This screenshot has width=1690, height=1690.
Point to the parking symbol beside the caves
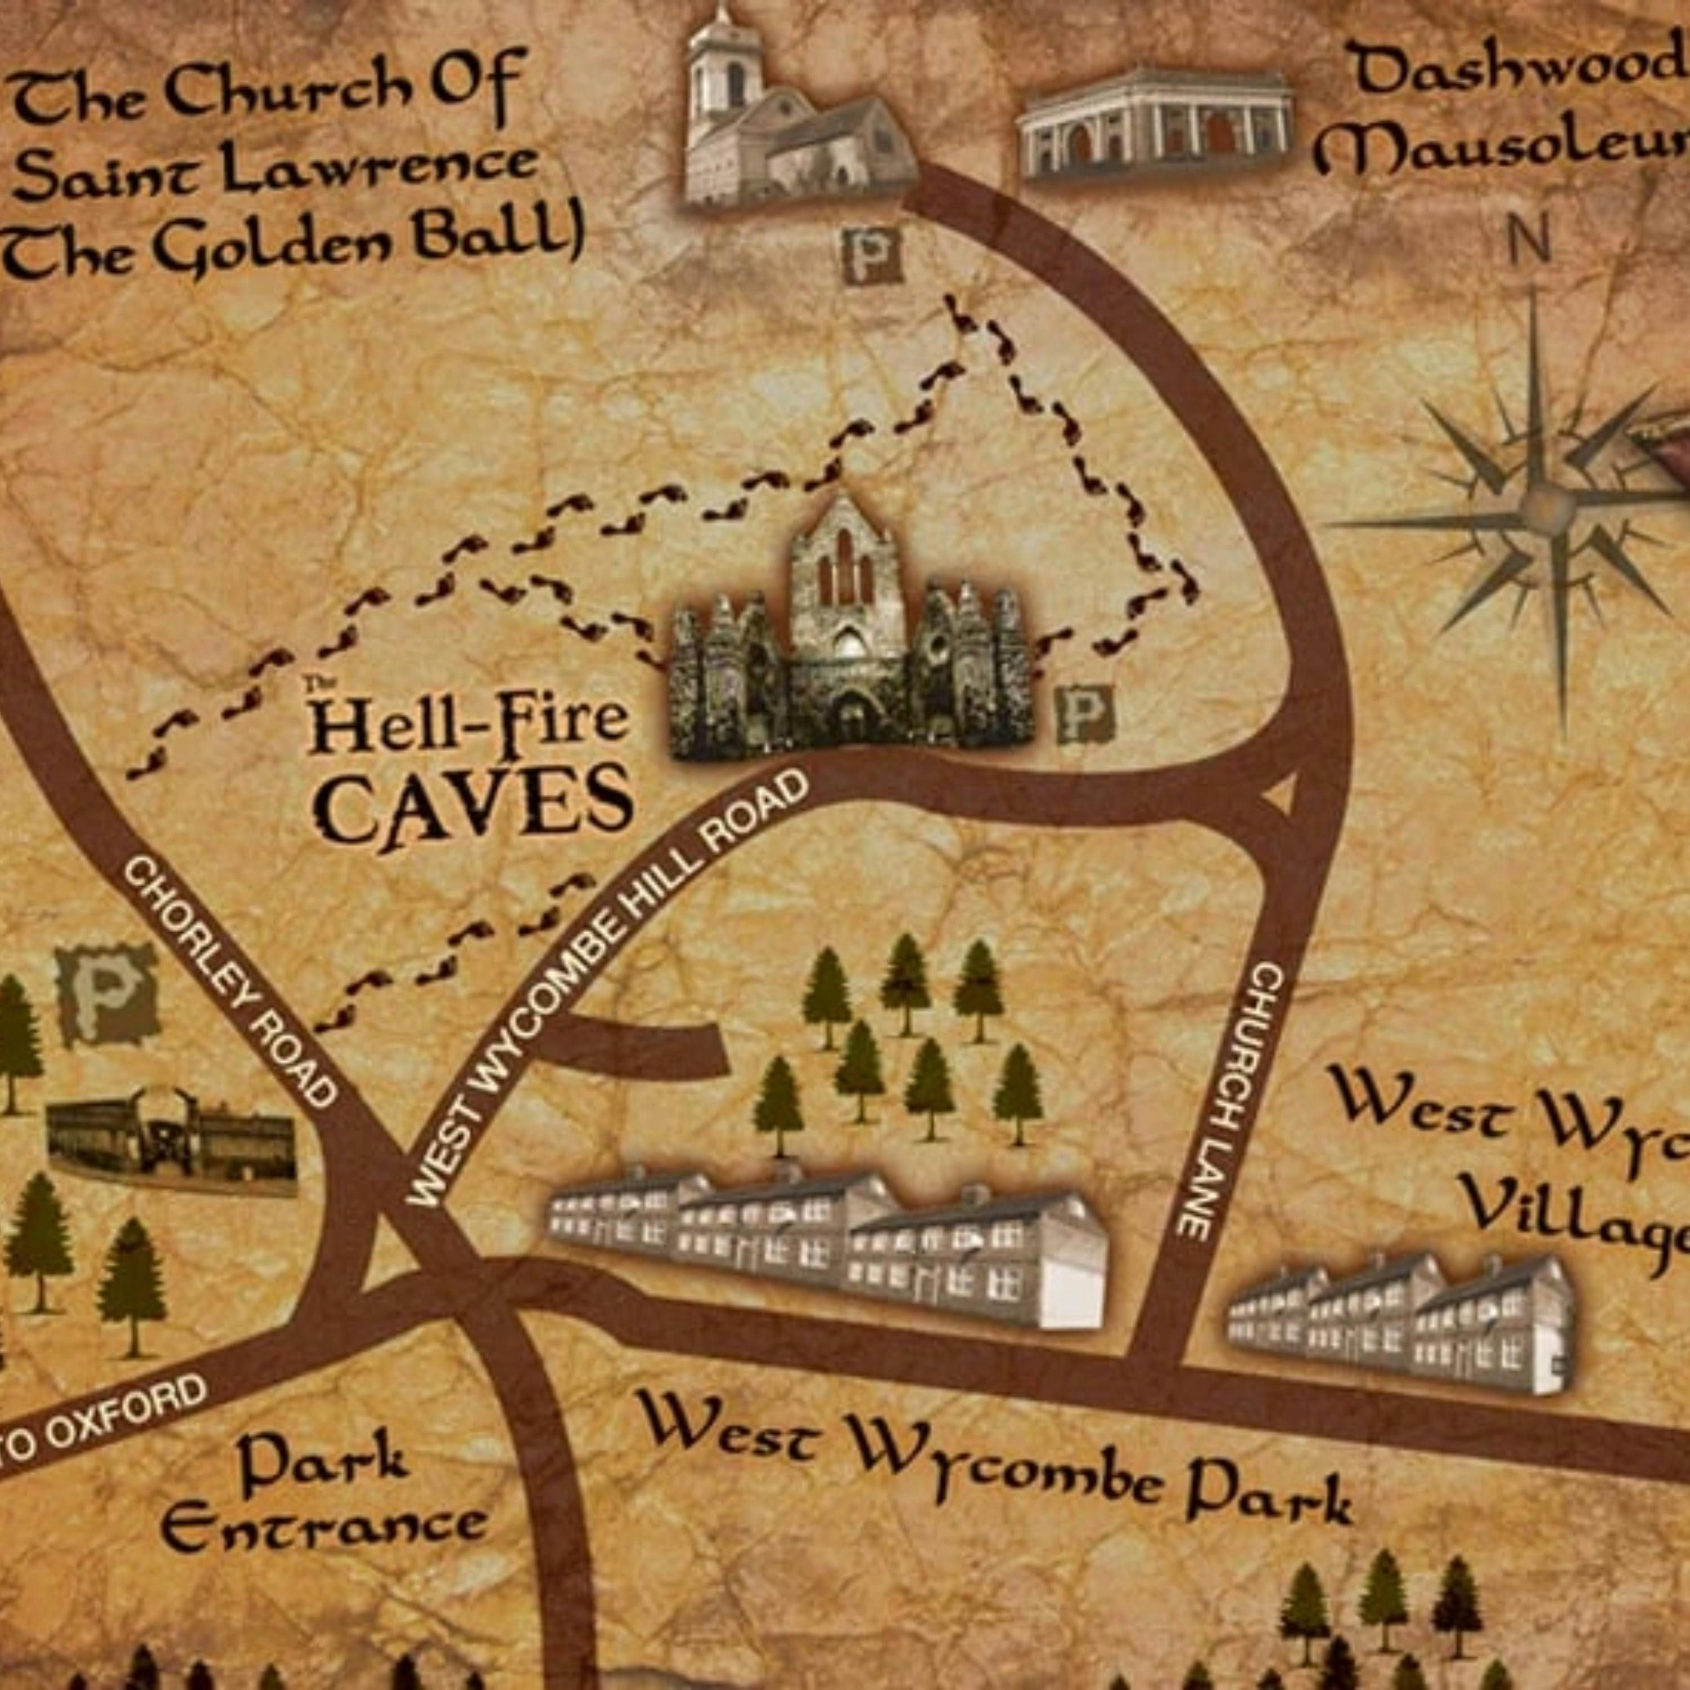point(1084,713)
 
